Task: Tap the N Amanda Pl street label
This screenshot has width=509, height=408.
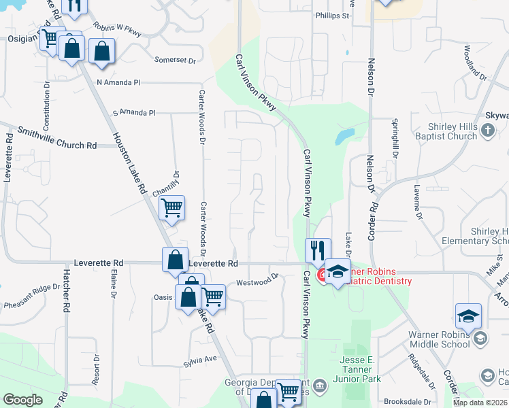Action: [x=118, y=82]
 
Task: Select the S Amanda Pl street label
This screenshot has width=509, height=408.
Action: [x=134, y=112]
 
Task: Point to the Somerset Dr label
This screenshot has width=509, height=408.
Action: [x=175, y=61]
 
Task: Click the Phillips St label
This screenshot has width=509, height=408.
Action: [x=332, y=15]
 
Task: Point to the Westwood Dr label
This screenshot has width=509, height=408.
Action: [x=257, y=279]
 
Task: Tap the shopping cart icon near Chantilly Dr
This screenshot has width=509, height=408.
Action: [x=172, y=207]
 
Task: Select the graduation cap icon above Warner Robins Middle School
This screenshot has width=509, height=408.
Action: [x=468, y=316]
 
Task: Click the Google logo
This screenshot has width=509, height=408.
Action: [x=22, y=400]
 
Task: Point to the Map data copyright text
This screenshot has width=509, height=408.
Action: [x=479, y=403]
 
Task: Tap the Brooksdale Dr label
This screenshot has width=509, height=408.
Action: [x=408, y=401]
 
